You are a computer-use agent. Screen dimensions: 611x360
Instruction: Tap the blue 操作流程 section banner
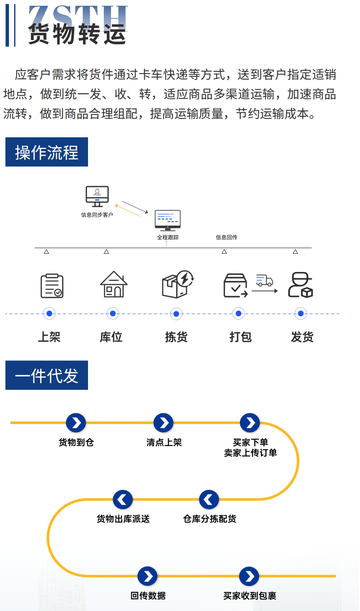click(x=47, y=152)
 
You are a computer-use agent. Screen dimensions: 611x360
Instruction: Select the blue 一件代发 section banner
click(x=47, y=376)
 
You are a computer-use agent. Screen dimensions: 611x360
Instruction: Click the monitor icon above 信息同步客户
click(x=97, y=196)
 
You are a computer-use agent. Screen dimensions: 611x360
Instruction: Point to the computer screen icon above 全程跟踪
click(x=167, y=220)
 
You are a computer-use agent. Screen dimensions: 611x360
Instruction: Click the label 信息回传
click(x=227, y=237)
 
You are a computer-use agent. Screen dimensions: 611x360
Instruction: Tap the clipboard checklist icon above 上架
click(x=52, y=285)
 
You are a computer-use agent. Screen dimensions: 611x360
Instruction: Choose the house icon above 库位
click(x=113, y=285)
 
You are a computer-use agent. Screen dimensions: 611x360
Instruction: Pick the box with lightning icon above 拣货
click(x=177, y=285)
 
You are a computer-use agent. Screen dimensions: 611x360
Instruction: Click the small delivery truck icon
click(x=264, y=280)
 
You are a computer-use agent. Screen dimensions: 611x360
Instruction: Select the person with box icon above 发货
click(x=300, y=285)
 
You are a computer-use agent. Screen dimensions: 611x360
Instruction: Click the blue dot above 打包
click(x=238, y=313)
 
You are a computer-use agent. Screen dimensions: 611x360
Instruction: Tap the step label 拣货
click(x=176, y=337)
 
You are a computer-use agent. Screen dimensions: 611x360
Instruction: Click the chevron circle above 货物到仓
click(x=76, y=423)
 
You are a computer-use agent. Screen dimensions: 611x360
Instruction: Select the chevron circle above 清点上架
click(x=164, y=423)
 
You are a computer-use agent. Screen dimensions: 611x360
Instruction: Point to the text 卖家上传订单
click(x=250, y=453)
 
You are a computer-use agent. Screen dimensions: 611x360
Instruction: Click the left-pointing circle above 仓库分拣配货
click(x=209, y=500)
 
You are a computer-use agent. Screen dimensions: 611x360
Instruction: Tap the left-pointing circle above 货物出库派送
click(x=123, y=500)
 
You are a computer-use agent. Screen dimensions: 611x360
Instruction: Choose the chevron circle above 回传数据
click(x=148, y=576)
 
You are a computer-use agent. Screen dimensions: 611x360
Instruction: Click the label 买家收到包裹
click(x=249, y=596)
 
